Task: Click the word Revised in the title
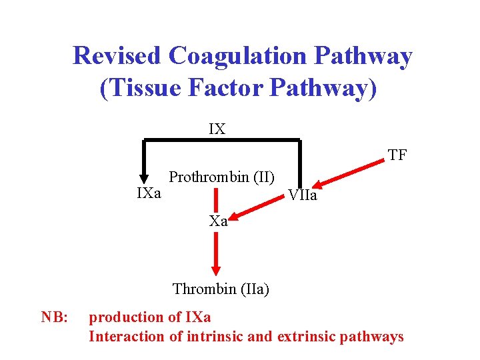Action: pos(117,56)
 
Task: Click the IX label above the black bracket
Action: pos(217,129)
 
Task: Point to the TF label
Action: pos(397,156)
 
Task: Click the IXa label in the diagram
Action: pos(149,193)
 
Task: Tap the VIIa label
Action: pos(302,196)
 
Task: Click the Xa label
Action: pos(219,221)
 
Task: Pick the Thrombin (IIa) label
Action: pos(221,289)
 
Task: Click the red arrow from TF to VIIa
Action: pos(351,173)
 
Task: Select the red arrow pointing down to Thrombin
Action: pos(216,253)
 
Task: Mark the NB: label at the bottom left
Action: pos(55,317)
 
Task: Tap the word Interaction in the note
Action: pos(127,336)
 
